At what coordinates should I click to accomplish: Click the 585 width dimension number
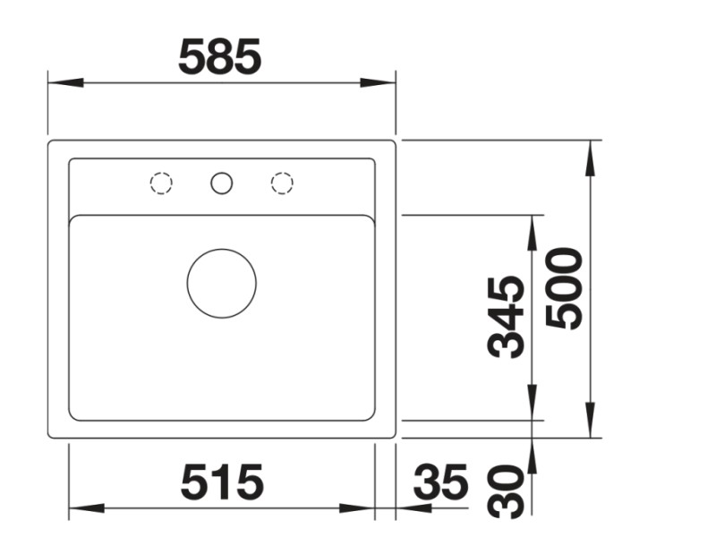(x=220, y=56)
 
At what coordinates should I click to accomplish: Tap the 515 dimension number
(x=222, y=483)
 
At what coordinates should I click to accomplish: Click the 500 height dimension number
(x=564, y=288)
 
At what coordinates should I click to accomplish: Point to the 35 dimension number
(x=440, y=483)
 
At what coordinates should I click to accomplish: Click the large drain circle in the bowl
(x=221, y=283)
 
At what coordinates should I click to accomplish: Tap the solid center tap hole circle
(x=221, y=183)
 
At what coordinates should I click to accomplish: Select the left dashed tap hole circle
(x=161, y=183)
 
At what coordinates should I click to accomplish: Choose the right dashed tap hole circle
(x=282, y=183)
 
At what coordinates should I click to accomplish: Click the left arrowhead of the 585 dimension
(x=63, y=82)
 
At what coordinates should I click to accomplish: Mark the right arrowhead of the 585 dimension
(x=379, y=82)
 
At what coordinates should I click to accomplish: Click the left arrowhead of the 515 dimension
(x=83, y=508)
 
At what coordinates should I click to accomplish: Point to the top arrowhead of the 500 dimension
(x=591, y=158)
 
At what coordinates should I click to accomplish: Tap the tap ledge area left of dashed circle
(x=107, y=186)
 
